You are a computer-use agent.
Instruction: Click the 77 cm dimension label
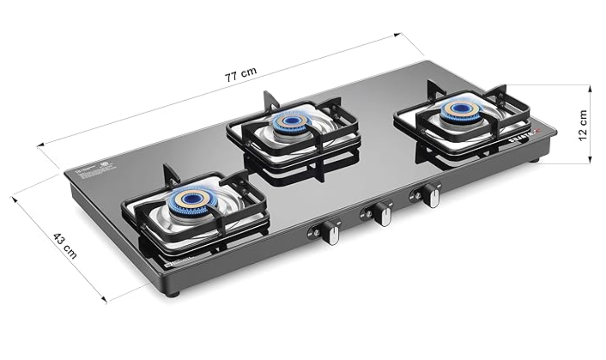click(241, 75)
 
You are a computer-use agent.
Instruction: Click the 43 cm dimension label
click(65, 246)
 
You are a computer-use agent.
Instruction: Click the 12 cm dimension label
click(582, 125)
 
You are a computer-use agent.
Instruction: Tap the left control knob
click(332, 232)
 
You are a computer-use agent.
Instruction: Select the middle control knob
click(384, 214)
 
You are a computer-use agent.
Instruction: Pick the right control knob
click(432, 195)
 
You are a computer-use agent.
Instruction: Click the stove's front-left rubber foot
click(173, 294)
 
